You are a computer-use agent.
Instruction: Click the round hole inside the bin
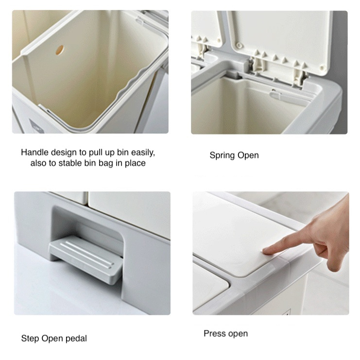(59, 50)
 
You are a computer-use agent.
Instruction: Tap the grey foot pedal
(86, 259)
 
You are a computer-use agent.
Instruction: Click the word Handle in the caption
(34, 153)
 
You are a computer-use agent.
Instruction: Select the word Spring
(222, 155)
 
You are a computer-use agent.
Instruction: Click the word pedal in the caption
(76, 339)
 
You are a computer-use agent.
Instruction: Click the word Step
(30, 339)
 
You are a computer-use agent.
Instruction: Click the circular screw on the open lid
(239, 46)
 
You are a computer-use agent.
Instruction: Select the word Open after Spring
(248, 155)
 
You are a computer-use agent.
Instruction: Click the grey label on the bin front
(36, 126)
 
